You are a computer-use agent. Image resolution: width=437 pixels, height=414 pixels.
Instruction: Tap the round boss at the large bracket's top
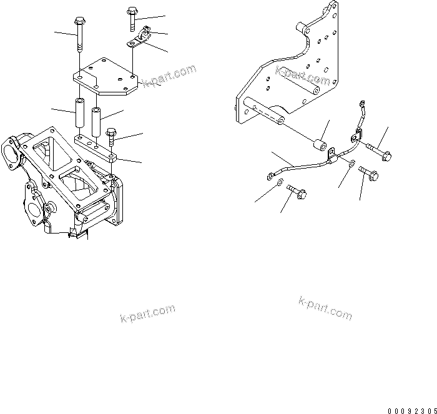click(302, 29)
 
